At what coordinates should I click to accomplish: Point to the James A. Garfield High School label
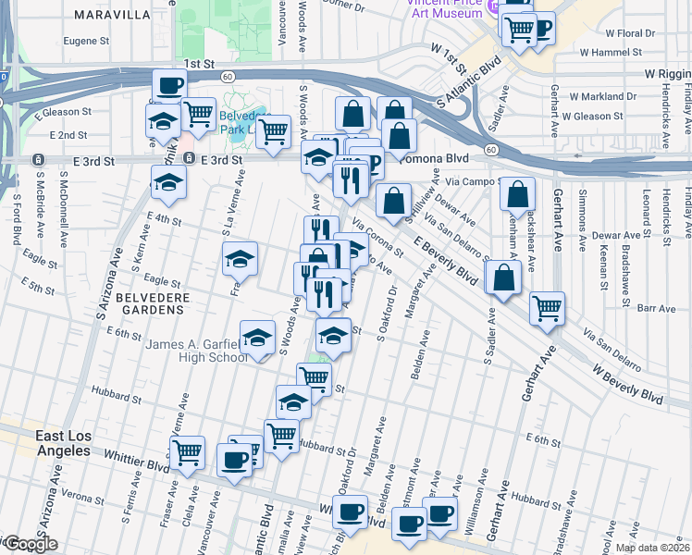coord(196,351)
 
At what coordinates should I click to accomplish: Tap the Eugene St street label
coord(86,42)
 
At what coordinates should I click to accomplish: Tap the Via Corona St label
coord(377,236)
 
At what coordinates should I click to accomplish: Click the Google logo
coord(30,544)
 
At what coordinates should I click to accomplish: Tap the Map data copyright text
coord(652,548)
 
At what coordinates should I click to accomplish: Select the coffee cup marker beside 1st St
coord(169,87)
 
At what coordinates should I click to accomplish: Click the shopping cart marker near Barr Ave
coord(548,308)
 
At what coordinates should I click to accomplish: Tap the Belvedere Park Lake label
coord(241,125)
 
